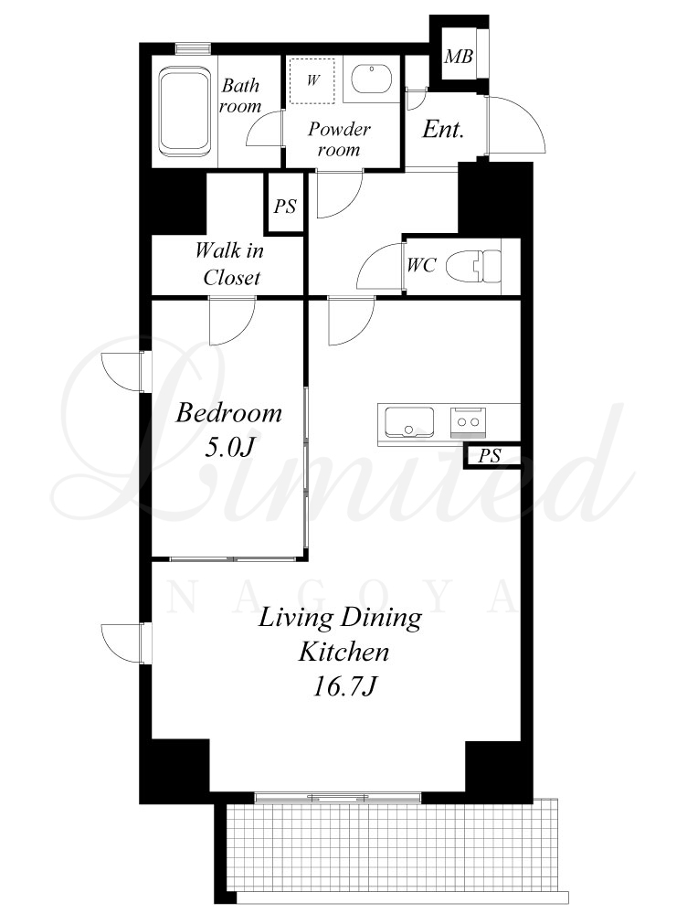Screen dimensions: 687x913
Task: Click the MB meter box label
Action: click(459, 57)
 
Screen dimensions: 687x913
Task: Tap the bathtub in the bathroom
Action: click(185, 111)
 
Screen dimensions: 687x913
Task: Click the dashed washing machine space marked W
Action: click(312, 80)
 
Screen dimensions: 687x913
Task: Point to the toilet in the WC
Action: click(473, 266)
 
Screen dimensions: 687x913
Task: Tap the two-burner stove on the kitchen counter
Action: click(468, 422)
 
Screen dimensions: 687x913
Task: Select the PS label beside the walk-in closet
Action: click(285, 207)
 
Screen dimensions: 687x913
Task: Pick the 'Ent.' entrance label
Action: click(443, 129)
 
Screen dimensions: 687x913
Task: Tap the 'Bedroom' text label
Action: click(228, 413)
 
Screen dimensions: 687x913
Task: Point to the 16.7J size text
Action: click(344, 686)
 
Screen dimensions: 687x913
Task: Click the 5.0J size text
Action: click(229, 447)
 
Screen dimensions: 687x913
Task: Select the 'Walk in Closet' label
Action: click(230, 264)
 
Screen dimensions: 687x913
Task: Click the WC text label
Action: click(421, 266)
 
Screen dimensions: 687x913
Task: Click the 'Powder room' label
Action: click(339, 139)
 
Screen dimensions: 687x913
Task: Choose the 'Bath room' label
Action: click(240, 96)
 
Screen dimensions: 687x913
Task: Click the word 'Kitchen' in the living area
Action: click(343, 652)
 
